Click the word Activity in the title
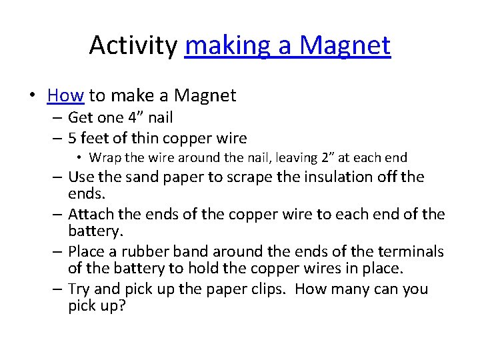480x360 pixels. click(133, 45)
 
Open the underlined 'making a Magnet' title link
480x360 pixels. click(288, 45)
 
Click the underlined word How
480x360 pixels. click(65, 96)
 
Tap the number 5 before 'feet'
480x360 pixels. click(73, 139)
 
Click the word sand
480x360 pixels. click(140, 177)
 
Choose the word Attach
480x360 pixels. click(91, 215)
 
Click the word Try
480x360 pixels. click(80, 290)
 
